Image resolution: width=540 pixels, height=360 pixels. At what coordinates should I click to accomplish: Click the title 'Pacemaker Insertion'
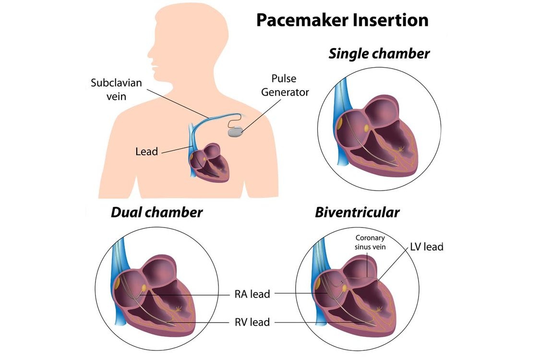pyautogui.click(x=342, y=20)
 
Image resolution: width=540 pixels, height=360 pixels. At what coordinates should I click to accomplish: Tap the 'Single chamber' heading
pyautogui.click(x=379, y=54)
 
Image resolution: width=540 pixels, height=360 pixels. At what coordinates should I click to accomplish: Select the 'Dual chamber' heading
pyautogui.click(x=156, y=212)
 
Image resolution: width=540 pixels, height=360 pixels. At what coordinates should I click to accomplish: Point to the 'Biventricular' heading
pyautogui.click(x=357, y=212)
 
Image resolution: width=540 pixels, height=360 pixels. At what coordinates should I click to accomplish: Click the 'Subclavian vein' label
pyautogui.click(x=117, y=90)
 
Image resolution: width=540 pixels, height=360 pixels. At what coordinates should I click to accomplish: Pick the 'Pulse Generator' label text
pyautogui.click(x=285, y=85)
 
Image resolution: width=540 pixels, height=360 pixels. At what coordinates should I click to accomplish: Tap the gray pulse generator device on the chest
pyautogui.click(x=236, y=132)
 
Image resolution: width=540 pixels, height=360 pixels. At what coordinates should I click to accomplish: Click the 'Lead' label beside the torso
pyautogui.click(x=147, y=152)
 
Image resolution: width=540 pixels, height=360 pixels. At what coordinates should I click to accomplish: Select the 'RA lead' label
pyautogui.click(x=252, y=294)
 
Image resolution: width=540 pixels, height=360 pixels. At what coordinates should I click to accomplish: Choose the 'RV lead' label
pyautogui.click(x=252, y=322)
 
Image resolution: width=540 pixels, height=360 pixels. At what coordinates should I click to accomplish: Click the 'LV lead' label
pyautogui.click(x=426, y=247)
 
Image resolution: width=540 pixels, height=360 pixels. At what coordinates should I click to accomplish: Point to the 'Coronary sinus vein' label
pyautogui.click(x=370, y=242)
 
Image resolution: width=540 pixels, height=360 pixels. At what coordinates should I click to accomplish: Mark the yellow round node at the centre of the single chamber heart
pyautogui.click(x=366, y=128)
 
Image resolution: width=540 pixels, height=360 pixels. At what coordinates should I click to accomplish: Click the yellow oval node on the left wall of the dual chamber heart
pyautogui.click(x=118, y=283)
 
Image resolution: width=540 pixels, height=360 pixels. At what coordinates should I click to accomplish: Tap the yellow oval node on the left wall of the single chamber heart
pyautogui.click(x=339, y=123)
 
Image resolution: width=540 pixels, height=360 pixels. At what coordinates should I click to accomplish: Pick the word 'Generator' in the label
pyautogui.click(x=285, y=92)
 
